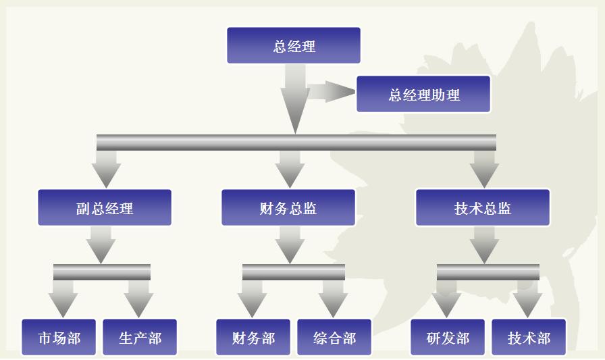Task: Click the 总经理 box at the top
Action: pyautogui.click(x=294, y=46)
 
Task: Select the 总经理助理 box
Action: pyautogui.click(x=423, y=94)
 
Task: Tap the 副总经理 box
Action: pyautogui.click(x=105, y=207)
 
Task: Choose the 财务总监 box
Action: pyautogui.click(x=288, y=207)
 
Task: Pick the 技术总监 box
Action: pyautogui.click(x=483, y=207)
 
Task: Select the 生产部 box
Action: pyautogui.click(x=140, y=337)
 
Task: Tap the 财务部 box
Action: pyautogui.click(x=253, y=337)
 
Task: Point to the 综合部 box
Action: pyautogui.click(x=334, y=337)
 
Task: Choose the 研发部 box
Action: pyautogui.click(x=448, y=337)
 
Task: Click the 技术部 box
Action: pyautogui.click(x=529, y=337)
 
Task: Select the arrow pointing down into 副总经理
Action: pyautogui.click(x=106, y=169)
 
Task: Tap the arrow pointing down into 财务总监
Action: pyautogui.click(x=290, y=169)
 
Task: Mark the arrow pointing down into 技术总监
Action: pyautogui.click(x=484, y=169)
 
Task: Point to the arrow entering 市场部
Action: pyautogui.click(x=63, y=299)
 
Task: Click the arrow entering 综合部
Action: pyautogui.click(x=333, y=299)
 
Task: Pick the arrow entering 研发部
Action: pyautogui.click(x=446, y=299)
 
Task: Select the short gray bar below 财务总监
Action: pyautogui.click(x=294, y=272)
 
